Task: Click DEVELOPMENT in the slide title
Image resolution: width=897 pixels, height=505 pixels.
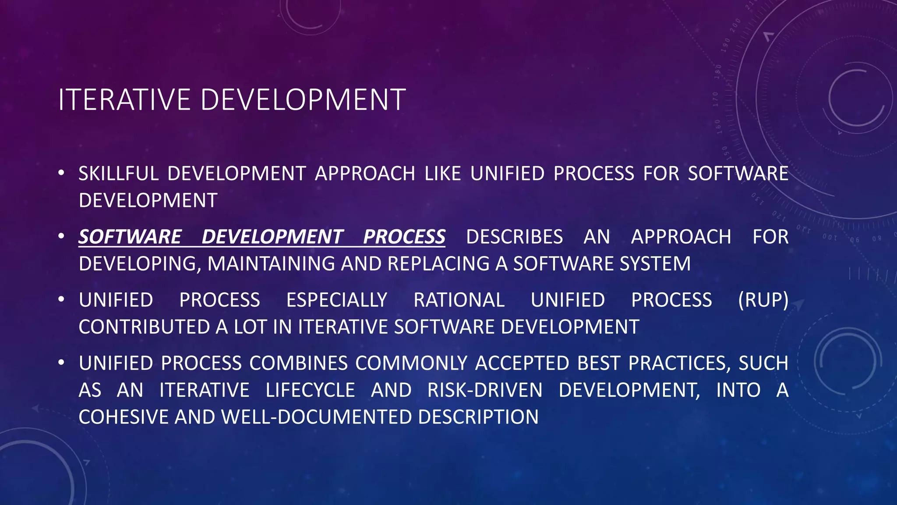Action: [303, 100]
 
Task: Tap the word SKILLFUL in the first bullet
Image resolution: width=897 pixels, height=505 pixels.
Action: [118, 174]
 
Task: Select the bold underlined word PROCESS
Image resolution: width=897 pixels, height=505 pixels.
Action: [404, 237]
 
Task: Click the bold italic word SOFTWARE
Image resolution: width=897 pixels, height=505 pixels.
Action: [130, 237]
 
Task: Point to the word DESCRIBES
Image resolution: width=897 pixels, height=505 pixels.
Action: [514, 237]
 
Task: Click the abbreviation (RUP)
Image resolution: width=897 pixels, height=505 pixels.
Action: [763, 300]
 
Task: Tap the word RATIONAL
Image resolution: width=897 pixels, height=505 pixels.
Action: [459, 300]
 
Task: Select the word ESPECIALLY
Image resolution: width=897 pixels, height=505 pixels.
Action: [336, 300]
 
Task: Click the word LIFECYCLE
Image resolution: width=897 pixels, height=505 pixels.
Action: [310, 390]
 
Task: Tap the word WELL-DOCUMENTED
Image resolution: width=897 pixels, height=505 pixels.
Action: [316, 417]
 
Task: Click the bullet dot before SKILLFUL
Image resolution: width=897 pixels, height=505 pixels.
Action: [61, 173]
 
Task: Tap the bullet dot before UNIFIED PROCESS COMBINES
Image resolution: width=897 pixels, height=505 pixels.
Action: [61, 363]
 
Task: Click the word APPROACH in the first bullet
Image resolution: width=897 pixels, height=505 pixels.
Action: [365, 174]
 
